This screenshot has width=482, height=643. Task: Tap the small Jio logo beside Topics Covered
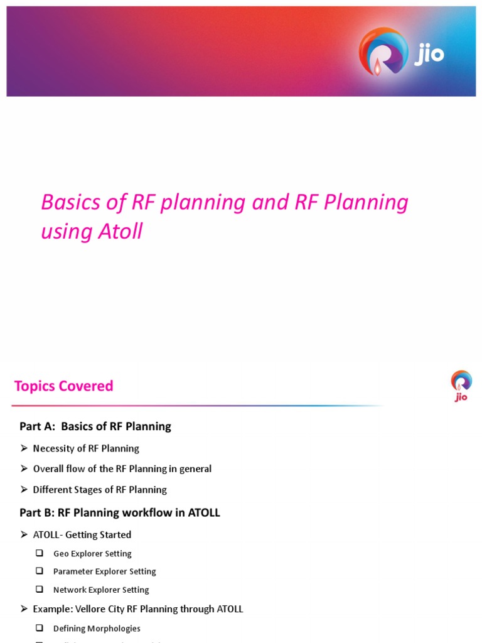click(x=461, y=385)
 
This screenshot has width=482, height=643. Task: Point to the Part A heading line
click(x=95, y=426)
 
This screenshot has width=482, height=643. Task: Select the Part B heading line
click(x=120, y=512)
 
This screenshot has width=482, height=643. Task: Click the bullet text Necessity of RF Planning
click(x=86, y=448)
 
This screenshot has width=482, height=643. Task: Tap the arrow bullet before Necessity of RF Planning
click(x=24, y=448)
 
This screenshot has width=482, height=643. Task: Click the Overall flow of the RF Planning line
click(x=122, y=469)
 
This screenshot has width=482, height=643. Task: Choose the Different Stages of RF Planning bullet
click(x=100, y=490)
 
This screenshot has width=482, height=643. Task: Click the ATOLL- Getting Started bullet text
click(x=82, y=535)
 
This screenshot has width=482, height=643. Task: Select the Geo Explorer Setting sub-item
click(x=92, y=554)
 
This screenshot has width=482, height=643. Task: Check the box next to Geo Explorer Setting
click(x=40, y=553)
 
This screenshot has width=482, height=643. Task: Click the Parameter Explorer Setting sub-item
click(x=104, y=571)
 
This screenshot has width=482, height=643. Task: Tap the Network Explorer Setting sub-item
click(x=101, y=590)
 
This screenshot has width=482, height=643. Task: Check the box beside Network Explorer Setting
click(x=40, y=590)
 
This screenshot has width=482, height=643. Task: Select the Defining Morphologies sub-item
click(x=97, y=628)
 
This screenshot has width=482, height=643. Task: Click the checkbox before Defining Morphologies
click(x=40, y=628)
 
